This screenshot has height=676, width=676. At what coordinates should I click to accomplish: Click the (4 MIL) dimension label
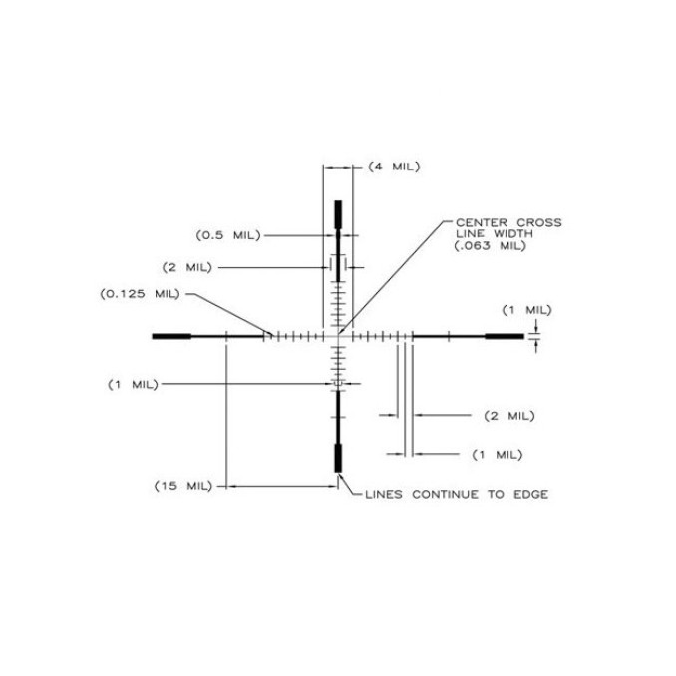coord(394,167)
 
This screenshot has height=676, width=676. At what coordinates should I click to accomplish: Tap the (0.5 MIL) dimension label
coord(228,236)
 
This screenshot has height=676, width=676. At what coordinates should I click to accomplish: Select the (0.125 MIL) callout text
coord(141,294)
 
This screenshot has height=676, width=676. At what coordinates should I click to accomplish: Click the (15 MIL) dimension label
coord(183,486)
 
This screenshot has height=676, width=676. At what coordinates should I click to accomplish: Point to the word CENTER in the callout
coord(482,223)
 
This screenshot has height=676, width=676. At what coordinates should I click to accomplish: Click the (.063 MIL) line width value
coord(491,246)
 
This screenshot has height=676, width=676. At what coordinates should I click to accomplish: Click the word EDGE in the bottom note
coord(530,495)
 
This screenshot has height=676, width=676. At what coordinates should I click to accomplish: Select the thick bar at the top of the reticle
coord(338,214)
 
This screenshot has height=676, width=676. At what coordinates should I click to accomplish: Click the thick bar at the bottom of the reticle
coord(338,458)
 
